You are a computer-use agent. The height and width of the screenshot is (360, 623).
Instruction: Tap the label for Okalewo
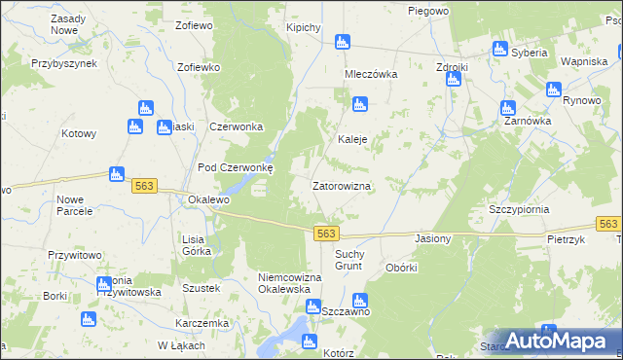point(206,199)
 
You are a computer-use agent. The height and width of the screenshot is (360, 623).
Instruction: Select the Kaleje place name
point(351,139)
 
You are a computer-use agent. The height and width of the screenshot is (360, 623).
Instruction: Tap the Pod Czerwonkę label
point(237,166)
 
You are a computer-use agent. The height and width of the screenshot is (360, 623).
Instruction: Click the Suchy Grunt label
point(348,260)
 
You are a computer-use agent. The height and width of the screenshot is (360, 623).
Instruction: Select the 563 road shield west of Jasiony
point(327,234)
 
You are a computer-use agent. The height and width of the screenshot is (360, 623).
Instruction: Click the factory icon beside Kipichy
point(342,43)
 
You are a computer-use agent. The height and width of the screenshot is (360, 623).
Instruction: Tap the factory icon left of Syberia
point(500,50)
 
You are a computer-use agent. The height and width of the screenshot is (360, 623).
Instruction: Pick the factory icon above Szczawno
point(359,302)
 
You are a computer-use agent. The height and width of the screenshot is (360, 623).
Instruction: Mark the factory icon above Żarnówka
point(505,106)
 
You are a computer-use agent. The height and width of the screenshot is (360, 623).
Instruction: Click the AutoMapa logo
point(559,340)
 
